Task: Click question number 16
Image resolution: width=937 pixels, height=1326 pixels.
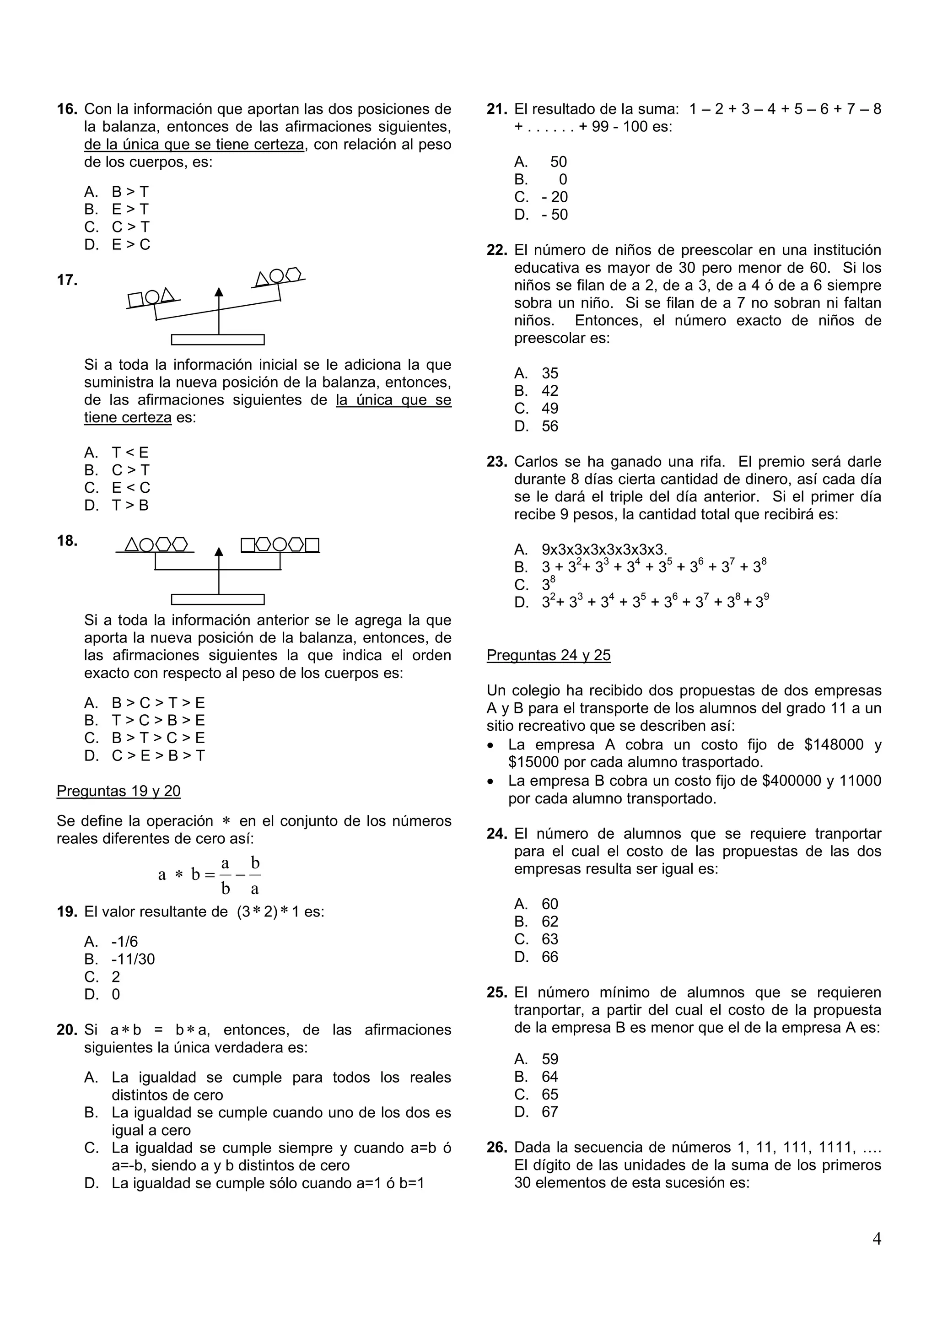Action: click(x=66, y=109)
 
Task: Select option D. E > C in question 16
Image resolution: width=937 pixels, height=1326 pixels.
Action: click(x=117, y=245)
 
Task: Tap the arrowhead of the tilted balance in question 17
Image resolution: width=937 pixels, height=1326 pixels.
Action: click(x=218, y=291)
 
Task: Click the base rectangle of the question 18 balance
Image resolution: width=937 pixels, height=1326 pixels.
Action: click(x=218, y=599)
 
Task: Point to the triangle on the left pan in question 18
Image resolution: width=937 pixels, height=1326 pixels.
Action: click(x=132, y=544)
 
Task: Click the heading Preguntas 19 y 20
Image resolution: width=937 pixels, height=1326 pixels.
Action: click(x=118, y=791)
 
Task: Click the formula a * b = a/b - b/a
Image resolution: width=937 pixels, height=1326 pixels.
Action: click(x=210, y=875)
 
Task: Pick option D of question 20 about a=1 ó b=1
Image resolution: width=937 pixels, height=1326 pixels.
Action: click(x=254, y=1183)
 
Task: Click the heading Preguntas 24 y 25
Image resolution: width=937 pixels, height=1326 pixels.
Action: click(x=549, y=656)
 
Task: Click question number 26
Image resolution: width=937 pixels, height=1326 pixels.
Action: click(x=496, y=1148)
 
